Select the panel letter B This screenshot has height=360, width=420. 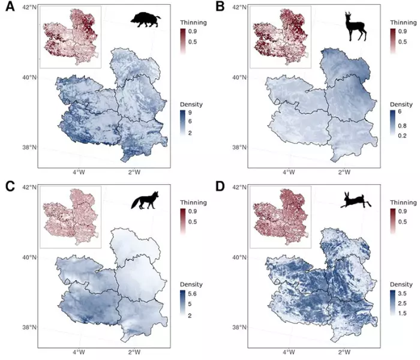pos(220,8)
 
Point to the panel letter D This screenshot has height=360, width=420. pos(220,187)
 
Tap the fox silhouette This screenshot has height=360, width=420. pos(143,200)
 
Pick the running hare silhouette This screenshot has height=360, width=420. pos(354,201)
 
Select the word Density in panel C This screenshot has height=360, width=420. pos(191,284)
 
